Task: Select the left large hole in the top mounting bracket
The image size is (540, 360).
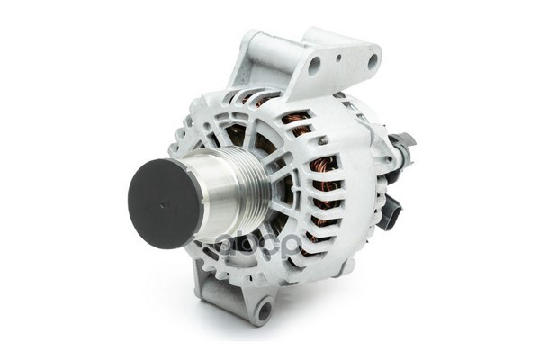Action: pyautogui.click(x=314, y=66)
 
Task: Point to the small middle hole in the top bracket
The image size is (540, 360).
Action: pyautogui.click(x=344, y=60)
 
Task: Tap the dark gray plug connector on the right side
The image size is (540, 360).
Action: pyautogui.click(x=390, y=212)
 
